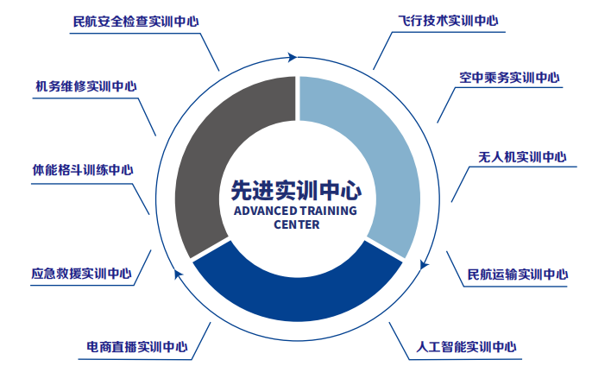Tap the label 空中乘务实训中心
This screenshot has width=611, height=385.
point(509,78)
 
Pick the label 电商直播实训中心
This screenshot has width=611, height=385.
point(137,347)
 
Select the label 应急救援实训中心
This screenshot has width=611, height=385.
point(80,275)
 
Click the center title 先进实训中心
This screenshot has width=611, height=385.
point(296,189)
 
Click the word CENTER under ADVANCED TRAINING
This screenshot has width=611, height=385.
point(297,224)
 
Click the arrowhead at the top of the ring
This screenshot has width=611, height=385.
point(293,58)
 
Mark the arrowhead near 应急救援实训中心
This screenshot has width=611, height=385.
point(179,274)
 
